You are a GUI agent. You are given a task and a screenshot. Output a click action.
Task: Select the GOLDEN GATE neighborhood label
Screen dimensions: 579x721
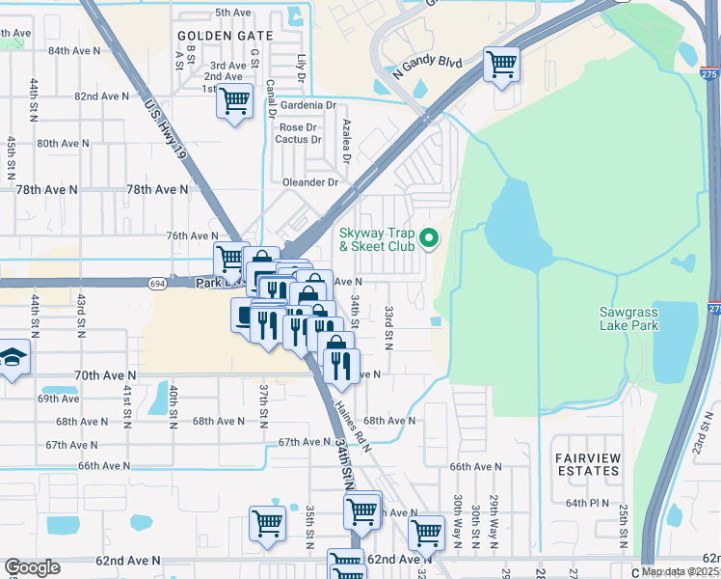click(x=226, y=35)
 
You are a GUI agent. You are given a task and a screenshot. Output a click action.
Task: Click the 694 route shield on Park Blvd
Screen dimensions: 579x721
click(x=157, y=283)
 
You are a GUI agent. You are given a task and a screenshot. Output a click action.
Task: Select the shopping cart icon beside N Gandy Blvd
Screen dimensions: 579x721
click(x=501, y=66)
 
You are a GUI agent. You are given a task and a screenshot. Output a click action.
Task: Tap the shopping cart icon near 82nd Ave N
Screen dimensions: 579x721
click(x=234, y=101)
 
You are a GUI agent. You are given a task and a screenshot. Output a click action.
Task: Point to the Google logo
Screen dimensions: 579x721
click(x=32, y=567)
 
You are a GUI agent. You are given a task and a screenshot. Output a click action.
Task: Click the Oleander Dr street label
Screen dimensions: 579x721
click(x=310, y=181)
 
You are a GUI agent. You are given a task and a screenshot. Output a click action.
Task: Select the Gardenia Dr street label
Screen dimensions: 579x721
click(x=307, y=104)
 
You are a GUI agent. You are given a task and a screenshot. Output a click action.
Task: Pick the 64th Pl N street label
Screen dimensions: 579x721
click(x=588, y=503)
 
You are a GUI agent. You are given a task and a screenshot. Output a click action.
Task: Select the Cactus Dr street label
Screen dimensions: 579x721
click(x=297, y=139)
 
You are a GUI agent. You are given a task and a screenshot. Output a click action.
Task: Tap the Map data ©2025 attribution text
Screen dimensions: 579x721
click(x=680, y=571)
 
